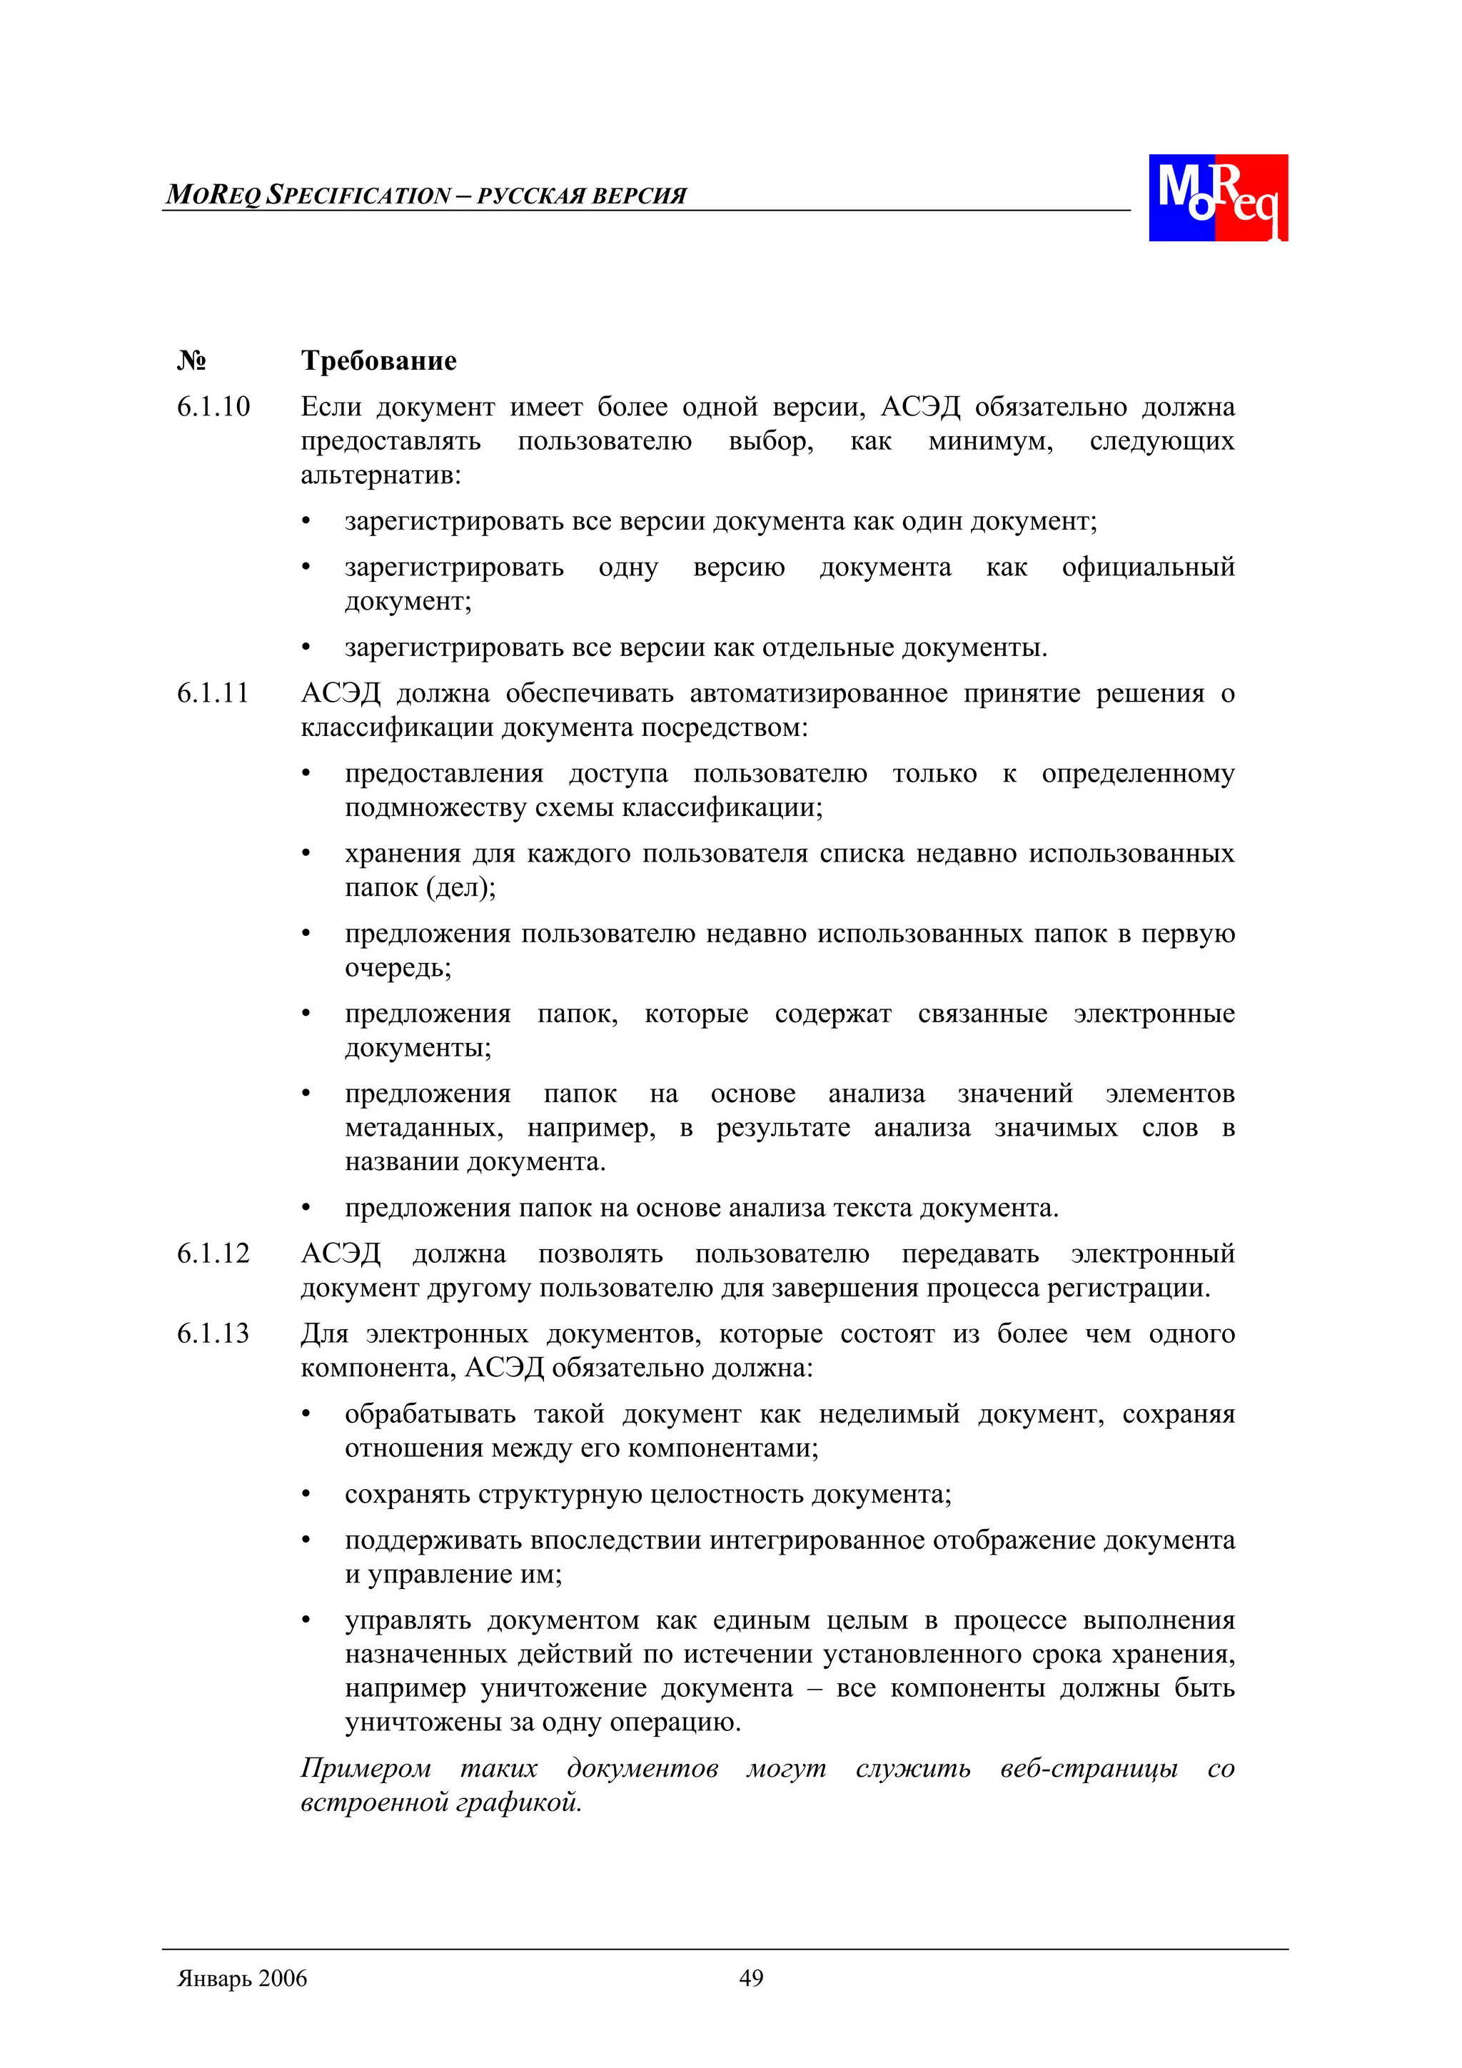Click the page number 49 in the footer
750,1978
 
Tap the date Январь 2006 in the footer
242,1979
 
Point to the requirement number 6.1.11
213,694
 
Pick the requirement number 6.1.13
213,1334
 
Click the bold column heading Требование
378,361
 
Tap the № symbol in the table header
191,361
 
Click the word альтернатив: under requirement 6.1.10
380,475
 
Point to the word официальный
1148,568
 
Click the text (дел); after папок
460,888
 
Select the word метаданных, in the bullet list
423,1129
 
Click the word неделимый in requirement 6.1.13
889,1414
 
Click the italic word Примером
365,1769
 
